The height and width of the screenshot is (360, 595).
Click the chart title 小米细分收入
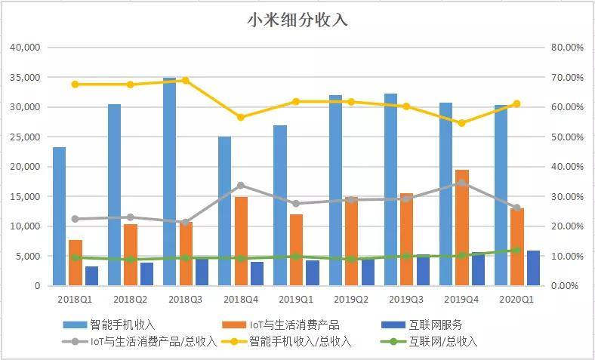297,20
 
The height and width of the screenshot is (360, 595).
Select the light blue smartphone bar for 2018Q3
169,181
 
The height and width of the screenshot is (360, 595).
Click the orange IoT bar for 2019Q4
461,227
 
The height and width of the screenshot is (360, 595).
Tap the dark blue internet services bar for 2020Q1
533,268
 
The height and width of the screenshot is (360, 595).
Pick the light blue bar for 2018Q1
59,216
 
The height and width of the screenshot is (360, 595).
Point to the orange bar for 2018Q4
241,241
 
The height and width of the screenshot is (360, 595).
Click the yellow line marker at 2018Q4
241,117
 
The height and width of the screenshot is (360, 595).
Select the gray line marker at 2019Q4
461,183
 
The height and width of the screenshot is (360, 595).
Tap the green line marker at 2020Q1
517,250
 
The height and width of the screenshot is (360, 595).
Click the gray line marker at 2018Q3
186,222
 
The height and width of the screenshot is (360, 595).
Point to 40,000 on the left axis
25,48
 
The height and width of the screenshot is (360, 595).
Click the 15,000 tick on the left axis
25,196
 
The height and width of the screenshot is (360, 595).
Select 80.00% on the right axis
567,48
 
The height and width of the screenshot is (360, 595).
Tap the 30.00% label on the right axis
567,196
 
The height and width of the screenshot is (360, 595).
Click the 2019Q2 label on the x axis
351,299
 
